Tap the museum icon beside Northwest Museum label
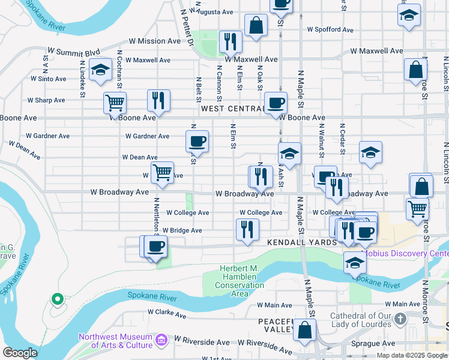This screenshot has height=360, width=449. (161, 341)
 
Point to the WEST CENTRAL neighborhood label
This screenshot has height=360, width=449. (232, 109)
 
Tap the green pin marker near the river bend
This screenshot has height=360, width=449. (56, 298)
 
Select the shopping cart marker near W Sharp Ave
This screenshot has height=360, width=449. (115, 103)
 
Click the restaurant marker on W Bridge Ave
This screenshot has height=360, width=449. (247, 230)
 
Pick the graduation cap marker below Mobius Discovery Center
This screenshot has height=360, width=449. (355, 263)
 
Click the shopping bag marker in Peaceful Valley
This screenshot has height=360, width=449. (306, 330)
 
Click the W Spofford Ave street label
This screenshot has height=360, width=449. (330, 29)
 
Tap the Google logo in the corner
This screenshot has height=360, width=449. (20, 353)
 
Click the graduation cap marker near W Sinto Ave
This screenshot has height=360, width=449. (100, 70)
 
